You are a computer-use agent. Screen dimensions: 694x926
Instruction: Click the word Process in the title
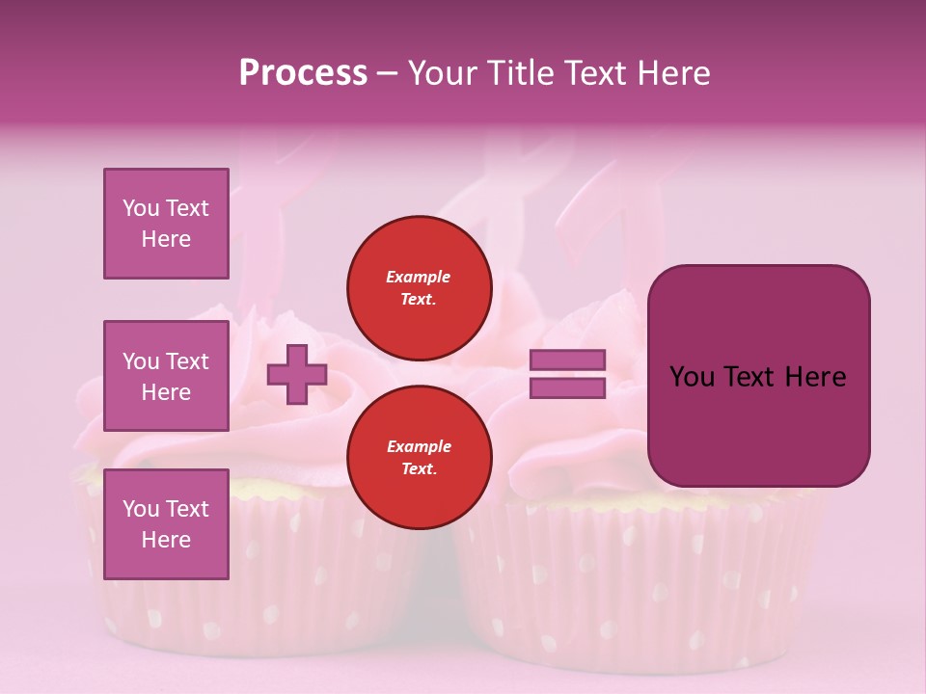tap(303, 73)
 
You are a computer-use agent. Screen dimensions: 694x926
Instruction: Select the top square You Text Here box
tap(166, 224)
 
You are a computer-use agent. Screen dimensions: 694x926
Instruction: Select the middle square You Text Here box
tap(166, 376)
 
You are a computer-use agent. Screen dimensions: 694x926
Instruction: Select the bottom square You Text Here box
tap(166, 524)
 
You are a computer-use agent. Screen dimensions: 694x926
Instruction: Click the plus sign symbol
tap(296, 374)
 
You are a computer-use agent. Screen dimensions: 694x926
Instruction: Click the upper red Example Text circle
tap(420, 288)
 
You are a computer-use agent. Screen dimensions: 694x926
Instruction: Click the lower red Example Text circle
tap(420, 458)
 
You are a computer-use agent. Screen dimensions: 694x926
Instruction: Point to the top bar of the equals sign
tap(568, 360)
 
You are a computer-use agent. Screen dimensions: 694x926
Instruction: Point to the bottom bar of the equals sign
tap(568, 388)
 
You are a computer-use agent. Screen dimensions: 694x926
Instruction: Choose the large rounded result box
tap(758, 376)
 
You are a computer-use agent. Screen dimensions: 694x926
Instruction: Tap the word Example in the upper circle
tap(419, 278)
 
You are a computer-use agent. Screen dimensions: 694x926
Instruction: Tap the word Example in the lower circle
tap(419, 447)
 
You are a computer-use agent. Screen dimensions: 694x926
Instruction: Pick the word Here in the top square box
tap(166, 239)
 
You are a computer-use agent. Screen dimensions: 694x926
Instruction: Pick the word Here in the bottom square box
tap(166, 540)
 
